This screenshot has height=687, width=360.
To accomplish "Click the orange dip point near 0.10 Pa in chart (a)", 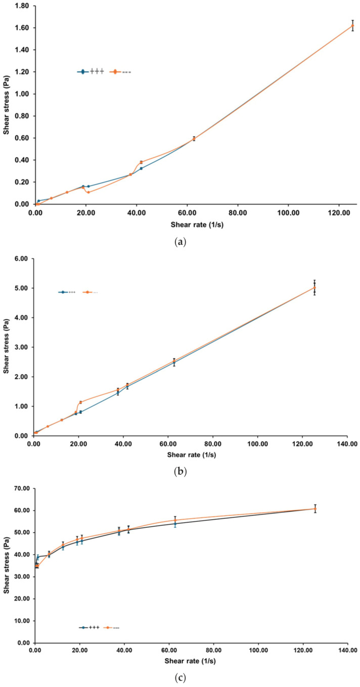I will click(88, 192).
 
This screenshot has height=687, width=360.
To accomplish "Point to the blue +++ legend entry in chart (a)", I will click(91, 72).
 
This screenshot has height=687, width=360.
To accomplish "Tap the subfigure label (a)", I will click(180, 242).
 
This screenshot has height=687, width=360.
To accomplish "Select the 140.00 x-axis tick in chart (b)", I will click(347, 443).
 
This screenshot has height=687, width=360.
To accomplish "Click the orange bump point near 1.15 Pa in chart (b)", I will click(80, 402).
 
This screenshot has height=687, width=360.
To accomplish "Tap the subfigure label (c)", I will click(180, 679).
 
